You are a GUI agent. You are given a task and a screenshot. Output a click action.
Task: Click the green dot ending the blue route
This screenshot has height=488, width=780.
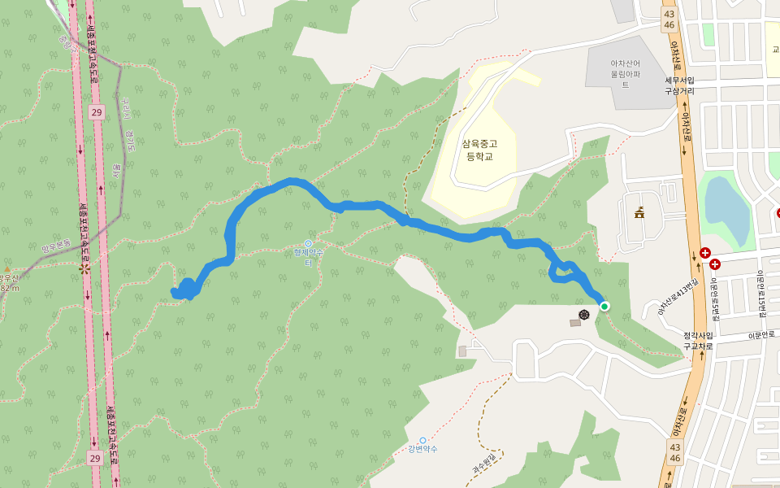(x=604, y=306)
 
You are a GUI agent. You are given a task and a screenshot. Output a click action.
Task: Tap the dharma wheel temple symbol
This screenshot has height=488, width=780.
(x=583, y=314)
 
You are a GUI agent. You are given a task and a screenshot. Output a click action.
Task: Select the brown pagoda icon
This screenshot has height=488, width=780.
(x=639, y=214)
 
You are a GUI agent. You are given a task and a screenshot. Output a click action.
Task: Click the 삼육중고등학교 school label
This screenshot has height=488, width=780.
(x=479, y=150)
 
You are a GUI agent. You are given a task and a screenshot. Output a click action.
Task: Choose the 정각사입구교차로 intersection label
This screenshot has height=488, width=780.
(x=697, y=340)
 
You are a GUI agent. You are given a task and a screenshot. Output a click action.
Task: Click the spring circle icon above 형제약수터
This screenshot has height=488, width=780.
(x=308, y=243)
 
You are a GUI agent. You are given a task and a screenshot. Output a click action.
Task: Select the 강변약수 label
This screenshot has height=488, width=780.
(x=422, y=449)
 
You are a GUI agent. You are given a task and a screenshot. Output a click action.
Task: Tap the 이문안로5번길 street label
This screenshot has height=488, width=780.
(x=714, y=299)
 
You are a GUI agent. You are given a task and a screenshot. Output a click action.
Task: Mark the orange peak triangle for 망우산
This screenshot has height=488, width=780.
(x=6, y=268)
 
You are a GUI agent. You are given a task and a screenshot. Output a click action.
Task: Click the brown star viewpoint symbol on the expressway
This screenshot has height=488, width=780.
(x=84, y=268)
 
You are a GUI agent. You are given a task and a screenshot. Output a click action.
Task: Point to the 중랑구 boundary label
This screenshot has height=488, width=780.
(x=65, y=41)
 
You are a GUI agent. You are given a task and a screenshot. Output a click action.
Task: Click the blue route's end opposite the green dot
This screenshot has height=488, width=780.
(x=175, y=293)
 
